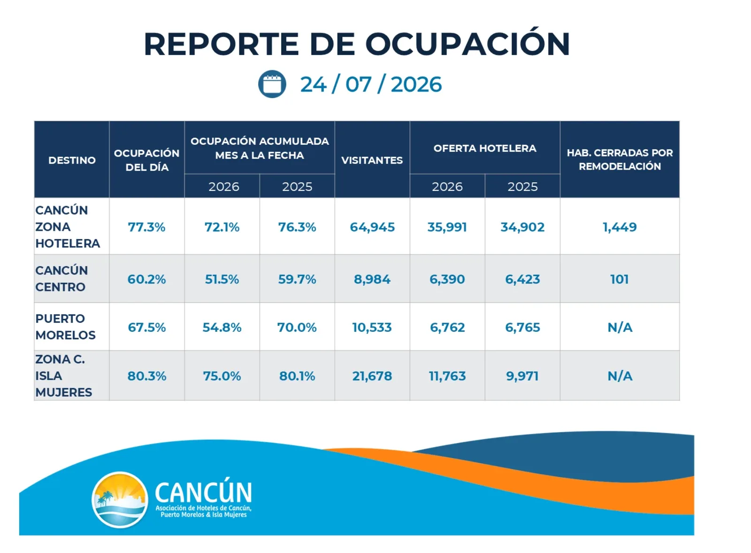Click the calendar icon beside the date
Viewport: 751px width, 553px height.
pyautogui.click(x=272, y=84)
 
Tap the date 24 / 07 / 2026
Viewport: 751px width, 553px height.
pyautogui.click(x=371, y=84)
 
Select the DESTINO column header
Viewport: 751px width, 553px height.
pyautogui.click(x=72, y=160)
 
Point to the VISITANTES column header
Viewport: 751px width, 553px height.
pyautogui.click(x=372, y=160)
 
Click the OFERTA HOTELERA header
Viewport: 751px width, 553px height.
pyautogui.click(x=485, y=148)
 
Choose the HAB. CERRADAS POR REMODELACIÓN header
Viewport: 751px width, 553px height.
pyautogui.click(x=620, y=160)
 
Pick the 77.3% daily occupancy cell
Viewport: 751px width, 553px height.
pyautogui.click(x=146, y=227)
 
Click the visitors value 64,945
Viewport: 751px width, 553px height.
pyautogui.click(x=372, y=227)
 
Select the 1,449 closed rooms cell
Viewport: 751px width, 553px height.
pyautogui.click(x=620, y=227)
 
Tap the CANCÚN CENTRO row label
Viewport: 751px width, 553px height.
pyautogui.click(x=61, y=279)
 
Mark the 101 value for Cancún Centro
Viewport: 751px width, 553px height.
pyautogui.click(x=619, y=279)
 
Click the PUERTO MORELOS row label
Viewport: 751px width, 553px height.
pyautogui.click(x=65, y=327)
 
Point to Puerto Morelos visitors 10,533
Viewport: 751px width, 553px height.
pyautogui.click(x=372, y=327)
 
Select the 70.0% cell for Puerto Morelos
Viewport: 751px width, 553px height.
pyautogui.click(x=297, y=327)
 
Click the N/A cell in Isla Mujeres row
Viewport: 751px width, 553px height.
pyautogui.click(x=620, y=376)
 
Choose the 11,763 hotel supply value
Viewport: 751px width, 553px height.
pyautogui.click(x=447, y=376)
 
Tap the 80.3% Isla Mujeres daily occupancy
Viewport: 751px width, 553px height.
pyautogui.click(x=147, y=376)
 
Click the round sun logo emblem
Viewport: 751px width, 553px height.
pyautogui.click(x=120, y=499)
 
